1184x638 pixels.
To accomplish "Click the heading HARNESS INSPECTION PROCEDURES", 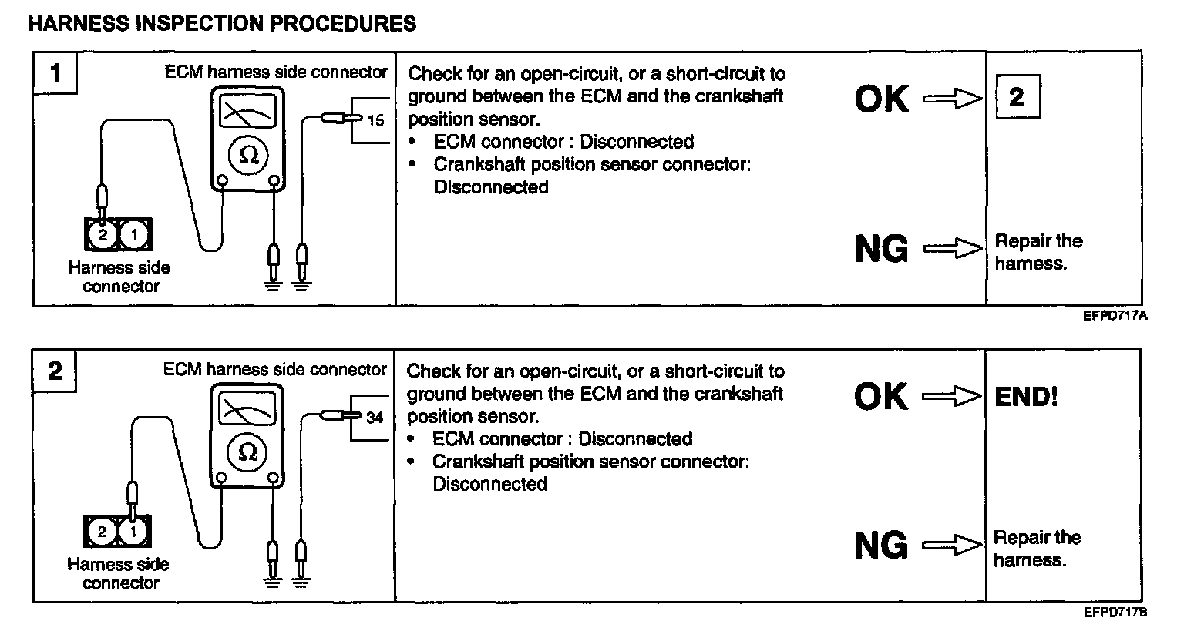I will pos(222,24).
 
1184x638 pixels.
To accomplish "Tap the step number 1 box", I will pos(55,73).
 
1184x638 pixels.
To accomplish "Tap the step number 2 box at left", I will pos(55,371).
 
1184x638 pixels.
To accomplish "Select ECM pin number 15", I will pos(375,120).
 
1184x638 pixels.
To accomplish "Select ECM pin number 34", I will pos(375,418).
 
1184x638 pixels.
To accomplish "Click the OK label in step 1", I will pos(882,99).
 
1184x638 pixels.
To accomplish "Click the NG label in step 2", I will pos(881,546).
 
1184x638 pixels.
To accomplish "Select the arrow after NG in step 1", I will pos(953,249).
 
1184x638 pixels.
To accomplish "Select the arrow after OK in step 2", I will pos(952,397).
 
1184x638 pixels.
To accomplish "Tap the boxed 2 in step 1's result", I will pos(1017,97).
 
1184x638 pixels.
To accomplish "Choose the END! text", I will pos(1026,397).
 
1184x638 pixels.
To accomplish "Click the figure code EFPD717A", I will pos(1115,315).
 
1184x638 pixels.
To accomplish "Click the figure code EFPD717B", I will pos(1115,613).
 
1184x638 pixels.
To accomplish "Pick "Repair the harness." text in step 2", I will pos(1037,549).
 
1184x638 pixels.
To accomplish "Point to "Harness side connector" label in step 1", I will pos(119,277).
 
